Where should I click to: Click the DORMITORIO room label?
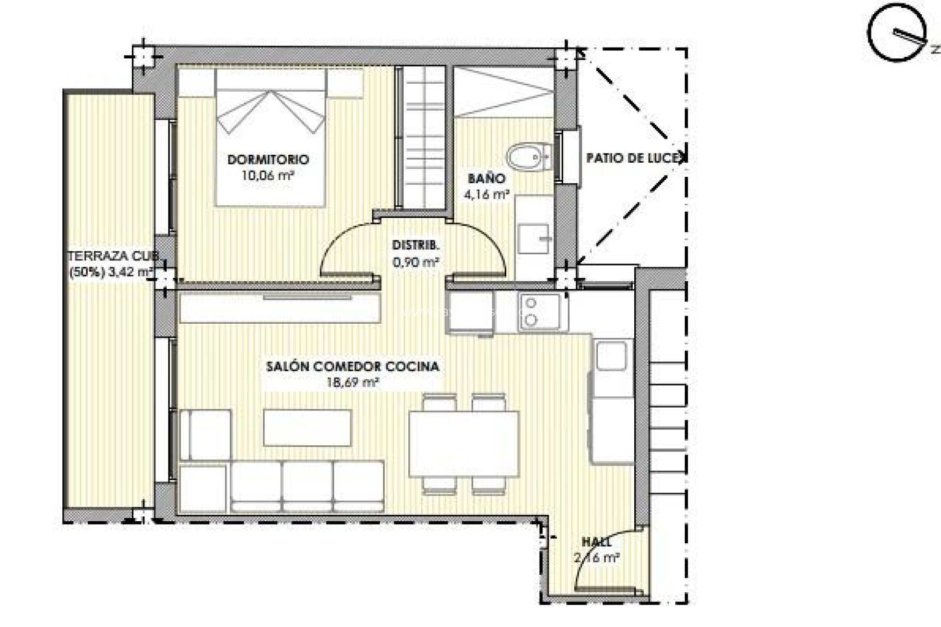coord(268,160)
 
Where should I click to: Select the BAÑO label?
coord(486,179)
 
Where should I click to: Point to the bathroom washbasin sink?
coord(535,239)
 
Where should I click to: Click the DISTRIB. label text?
coord(416,245)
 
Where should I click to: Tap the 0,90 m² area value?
coord(416,262)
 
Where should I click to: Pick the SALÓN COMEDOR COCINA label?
coord(352,366)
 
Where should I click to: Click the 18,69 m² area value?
coord(352,383)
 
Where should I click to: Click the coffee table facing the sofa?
coord(307,428)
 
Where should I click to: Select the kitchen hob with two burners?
coord(540,311)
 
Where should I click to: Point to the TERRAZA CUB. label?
coord(113,256)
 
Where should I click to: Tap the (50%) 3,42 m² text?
coord(112,272)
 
